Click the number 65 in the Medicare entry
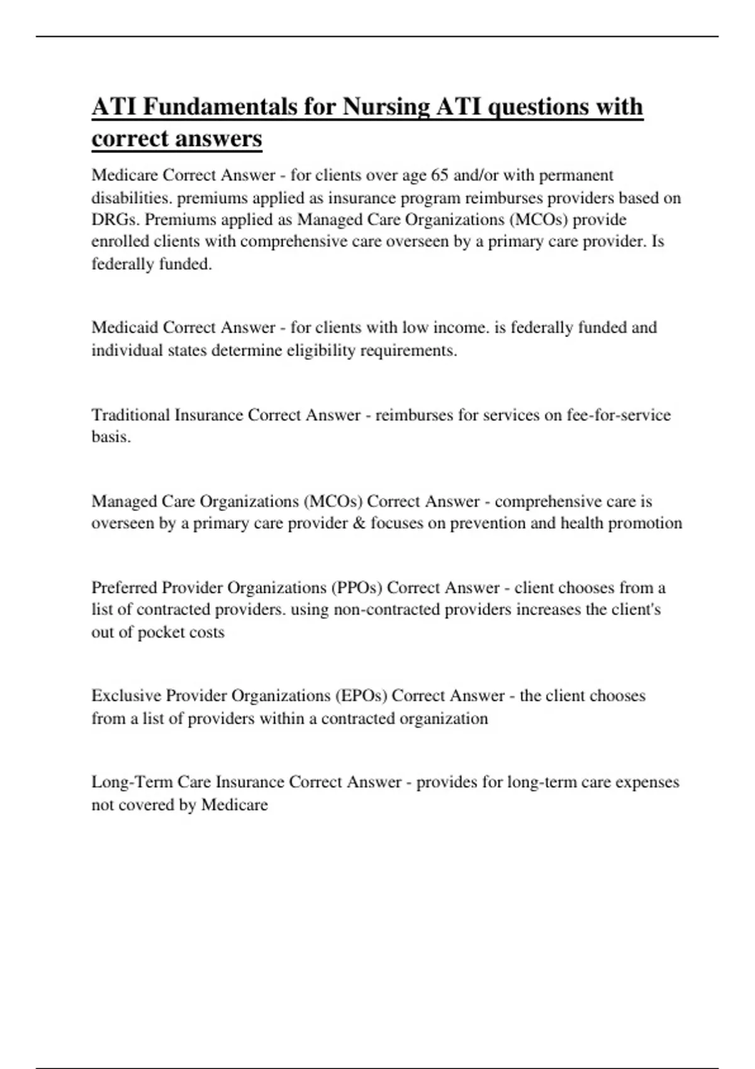coord(439,175)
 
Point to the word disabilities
coord(131,197)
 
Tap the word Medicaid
coord(125,328)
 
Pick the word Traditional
coord(130,415)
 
